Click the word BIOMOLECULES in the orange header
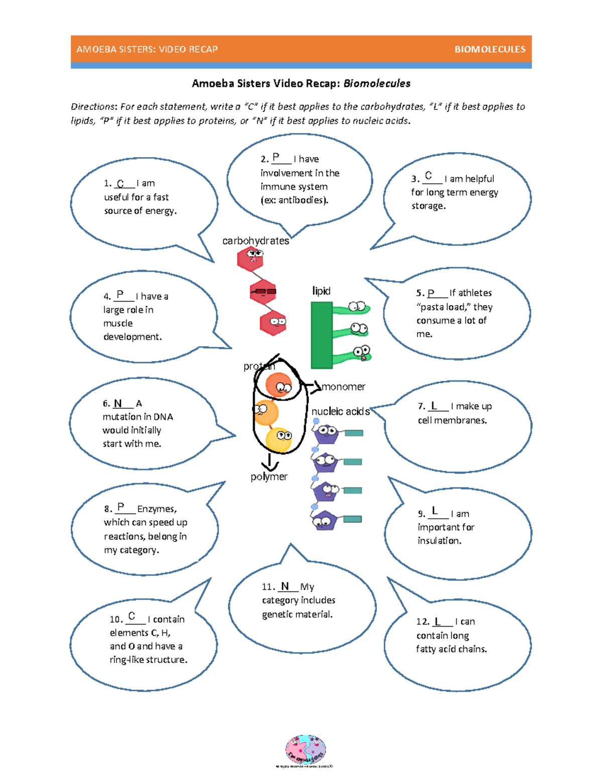point(490,49)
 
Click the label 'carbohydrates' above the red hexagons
point(256,241)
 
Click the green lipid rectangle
point(322,335)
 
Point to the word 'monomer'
point(344,387)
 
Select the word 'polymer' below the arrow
point(269,477)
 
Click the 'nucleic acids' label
point(340,411)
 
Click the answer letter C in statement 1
point(120,184)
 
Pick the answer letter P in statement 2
point(276,158)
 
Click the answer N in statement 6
point(118,403)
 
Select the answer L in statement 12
point(437,621)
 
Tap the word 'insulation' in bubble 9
point(438,541)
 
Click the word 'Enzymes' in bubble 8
point(157,509)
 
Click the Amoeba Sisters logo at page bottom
point(305,750)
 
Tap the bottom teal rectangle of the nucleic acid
point(353,519)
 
